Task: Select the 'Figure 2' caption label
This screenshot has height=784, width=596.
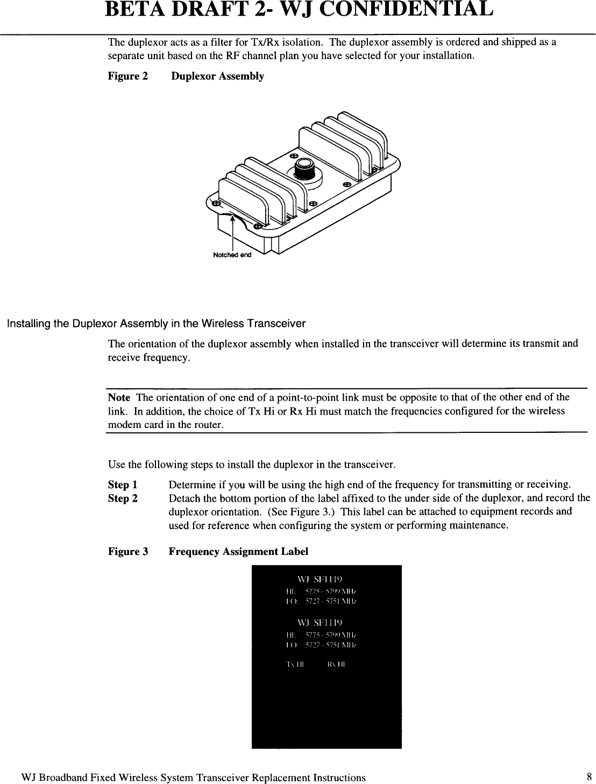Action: [x=128, y=76]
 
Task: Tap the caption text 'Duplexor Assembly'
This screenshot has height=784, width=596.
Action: [x=217, y=76]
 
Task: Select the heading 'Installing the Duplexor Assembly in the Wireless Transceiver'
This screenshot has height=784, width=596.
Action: [x=155, y=324]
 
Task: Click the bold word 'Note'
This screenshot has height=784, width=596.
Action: [x=119, y=397]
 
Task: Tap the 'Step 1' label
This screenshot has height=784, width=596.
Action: [x=123, y=484]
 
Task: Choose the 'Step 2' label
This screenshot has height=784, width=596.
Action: [x=123, y=498]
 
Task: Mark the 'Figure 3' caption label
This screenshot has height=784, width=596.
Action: [x=128, y=552]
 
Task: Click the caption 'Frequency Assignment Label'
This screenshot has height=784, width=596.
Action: [x=238, y=552]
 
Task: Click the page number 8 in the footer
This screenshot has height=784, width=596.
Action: [x=589, y=777]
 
